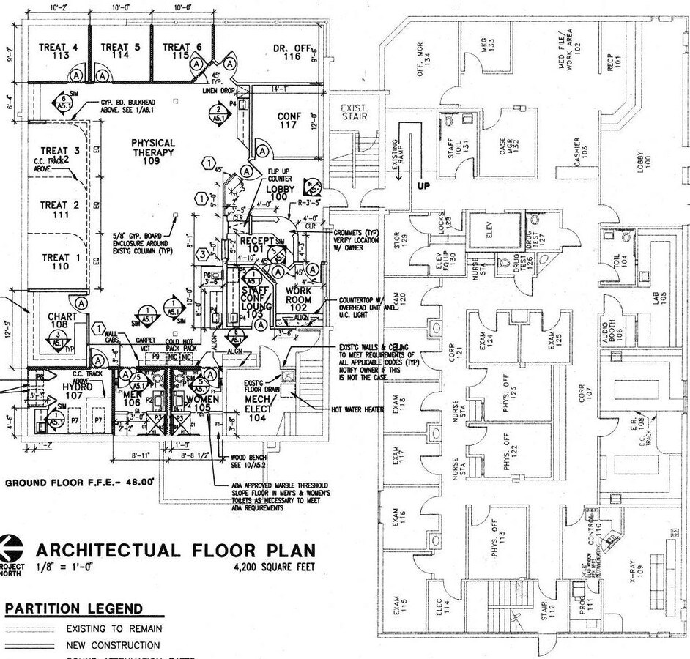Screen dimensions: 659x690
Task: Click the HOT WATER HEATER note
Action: (x=357, y=409)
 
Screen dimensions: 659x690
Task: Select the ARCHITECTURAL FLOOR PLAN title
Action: (x=176, y=550)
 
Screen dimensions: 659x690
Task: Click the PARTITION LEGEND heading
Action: (x=73, y=609)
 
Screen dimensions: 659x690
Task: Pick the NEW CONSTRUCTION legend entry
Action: (x=113, y=645)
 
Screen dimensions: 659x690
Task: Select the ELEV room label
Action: (x=491, y=228)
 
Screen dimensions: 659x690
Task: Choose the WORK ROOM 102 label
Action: (x=298, y=299)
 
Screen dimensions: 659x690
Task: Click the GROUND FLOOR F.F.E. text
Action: (x=80, y=483)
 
